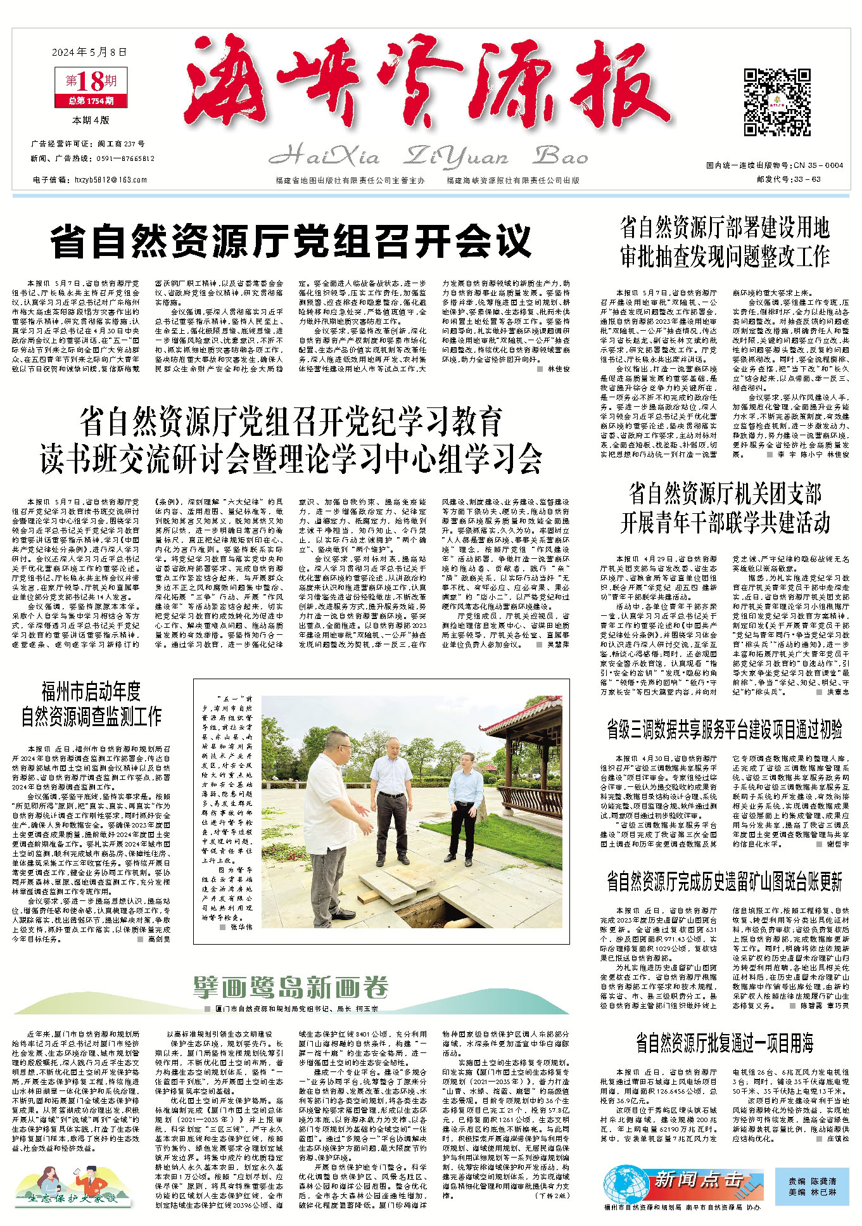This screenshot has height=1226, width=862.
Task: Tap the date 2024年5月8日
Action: coord(89,52)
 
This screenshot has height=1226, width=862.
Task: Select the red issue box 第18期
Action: coord(91,81)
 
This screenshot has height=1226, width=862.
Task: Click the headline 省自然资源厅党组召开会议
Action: coord(291,241)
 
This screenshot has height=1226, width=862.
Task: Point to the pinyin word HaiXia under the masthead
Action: coord(324,156)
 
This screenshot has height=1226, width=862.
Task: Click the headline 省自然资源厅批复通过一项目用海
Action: coord(725,1042)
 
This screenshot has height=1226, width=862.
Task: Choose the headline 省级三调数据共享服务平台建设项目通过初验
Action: coord(725,729)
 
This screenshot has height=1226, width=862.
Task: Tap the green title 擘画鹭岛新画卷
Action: coord(291,987)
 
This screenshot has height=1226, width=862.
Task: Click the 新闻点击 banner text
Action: coord(698,1179)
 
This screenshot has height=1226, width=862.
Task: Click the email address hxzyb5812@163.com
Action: coord(111,180)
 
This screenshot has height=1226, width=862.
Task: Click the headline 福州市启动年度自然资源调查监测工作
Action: coord(91,703)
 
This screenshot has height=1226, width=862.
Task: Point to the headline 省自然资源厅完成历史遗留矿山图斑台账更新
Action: coord(725,881)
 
